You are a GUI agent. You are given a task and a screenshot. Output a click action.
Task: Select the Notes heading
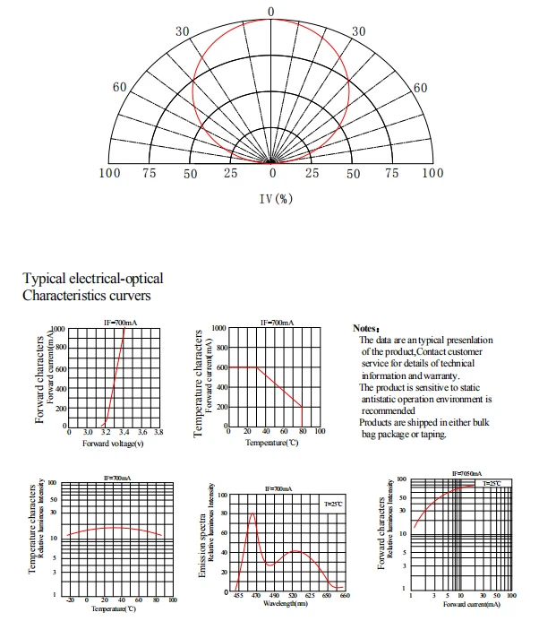click(367, 328)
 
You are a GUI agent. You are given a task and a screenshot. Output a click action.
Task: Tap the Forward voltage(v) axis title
click(114, 444)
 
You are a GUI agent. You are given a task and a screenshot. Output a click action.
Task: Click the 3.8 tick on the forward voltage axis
click(158, 432)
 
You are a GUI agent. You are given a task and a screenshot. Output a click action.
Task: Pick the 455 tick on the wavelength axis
click(237, 596)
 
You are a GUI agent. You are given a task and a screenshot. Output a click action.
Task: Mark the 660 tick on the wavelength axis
click(345, 596)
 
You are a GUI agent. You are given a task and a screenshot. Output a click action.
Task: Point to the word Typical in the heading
click(44, 279)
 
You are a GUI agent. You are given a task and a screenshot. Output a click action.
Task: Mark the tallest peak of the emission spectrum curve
click(252, 513)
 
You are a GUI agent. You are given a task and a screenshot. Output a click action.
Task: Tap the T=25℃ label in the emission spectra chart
click(334, 505)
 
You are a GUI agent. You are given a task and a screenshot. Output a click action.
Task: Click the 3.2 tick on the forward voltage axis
click(106, 432)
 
